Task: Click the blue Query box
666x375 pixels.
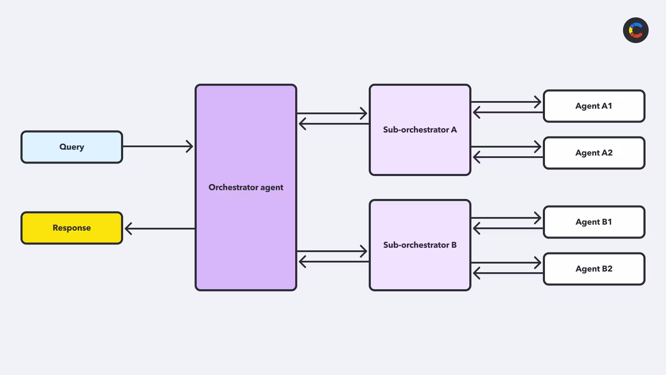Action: click(x=72, y=147)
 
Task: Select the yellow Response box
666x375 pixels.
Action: click(x=72, y=228)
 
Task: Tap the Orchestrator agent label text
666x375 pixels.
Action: click(x=246, y=187)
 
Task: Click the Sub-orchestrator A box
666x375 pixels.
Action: click(x=420, y=130)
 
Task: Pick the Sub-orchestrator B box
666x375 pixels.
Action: click(x=420, y=245)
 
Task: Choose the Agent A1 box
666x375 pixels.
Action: click(x=594, y=106)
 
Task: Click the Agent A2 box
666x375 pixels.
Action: click(x=594, y=153)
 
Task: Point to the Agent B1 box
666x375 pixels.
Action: click(x=594, y=222)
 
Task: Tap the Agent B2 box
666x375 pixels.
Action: click(x=594, y=269)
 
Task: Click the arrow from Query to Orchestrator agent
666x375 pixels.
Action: click(x=158, y=147)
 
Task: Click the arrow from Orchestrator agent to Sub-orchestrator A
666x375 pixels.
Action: click(x=332, y=113)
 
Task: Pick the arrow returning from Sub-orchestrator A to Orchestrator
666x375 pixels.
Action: click(x=334, y=124)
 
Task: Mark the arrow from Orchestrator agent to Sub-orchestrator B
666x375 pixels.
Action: click(x=332, y=251)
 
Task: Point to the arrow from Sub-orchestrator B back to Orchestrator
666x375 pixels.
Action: click(x=334, y=261)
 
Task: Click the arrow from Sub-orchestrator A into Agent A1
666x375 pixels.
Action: click(x=506, y=102)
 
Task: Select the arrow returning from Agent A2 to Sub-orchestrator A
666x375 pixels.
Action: click(x=508, y=157)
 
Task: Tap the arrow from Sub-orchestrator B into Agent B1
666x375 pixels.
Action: click(x=506, y=218)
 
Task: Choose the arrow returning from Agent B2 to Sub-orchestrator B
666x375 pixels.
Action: click(x=508, y=273)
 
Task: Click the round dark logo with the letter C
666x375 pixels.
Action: click(x=636, y=30)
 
